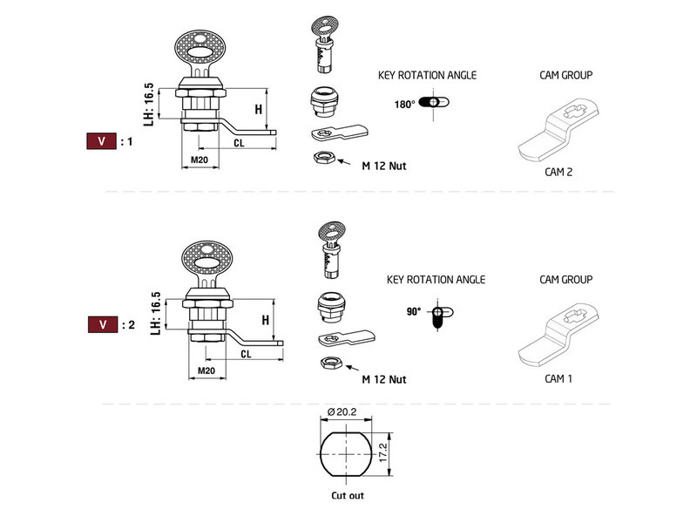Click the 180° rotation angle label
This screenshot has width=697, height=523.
(x=403, y=104)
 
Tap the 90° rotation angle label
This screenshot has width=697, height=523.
(x=413, y=310)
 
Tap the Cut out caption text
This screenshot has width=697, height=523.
(x=347, y=495)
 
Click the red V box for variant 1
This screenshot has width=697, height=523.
(x=102, y=140)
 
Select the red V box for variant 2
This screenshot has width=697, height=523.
(x=102, y=324)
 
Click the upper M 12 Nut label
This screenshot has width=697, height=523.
(x=384, y=165)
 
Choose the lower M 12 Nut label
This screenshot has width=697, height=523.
(x=384, y=379)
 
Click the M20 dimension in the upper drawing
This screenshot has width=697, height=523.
(x=200, y=160)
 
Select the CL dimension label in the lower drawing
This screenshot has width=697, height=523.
(x=246, y=354)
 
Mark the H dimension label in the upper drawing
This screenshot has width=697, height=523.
(x=258, y=109)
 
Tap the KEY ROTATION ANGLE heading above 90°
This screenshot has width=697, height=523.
(x=436, y=280)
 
